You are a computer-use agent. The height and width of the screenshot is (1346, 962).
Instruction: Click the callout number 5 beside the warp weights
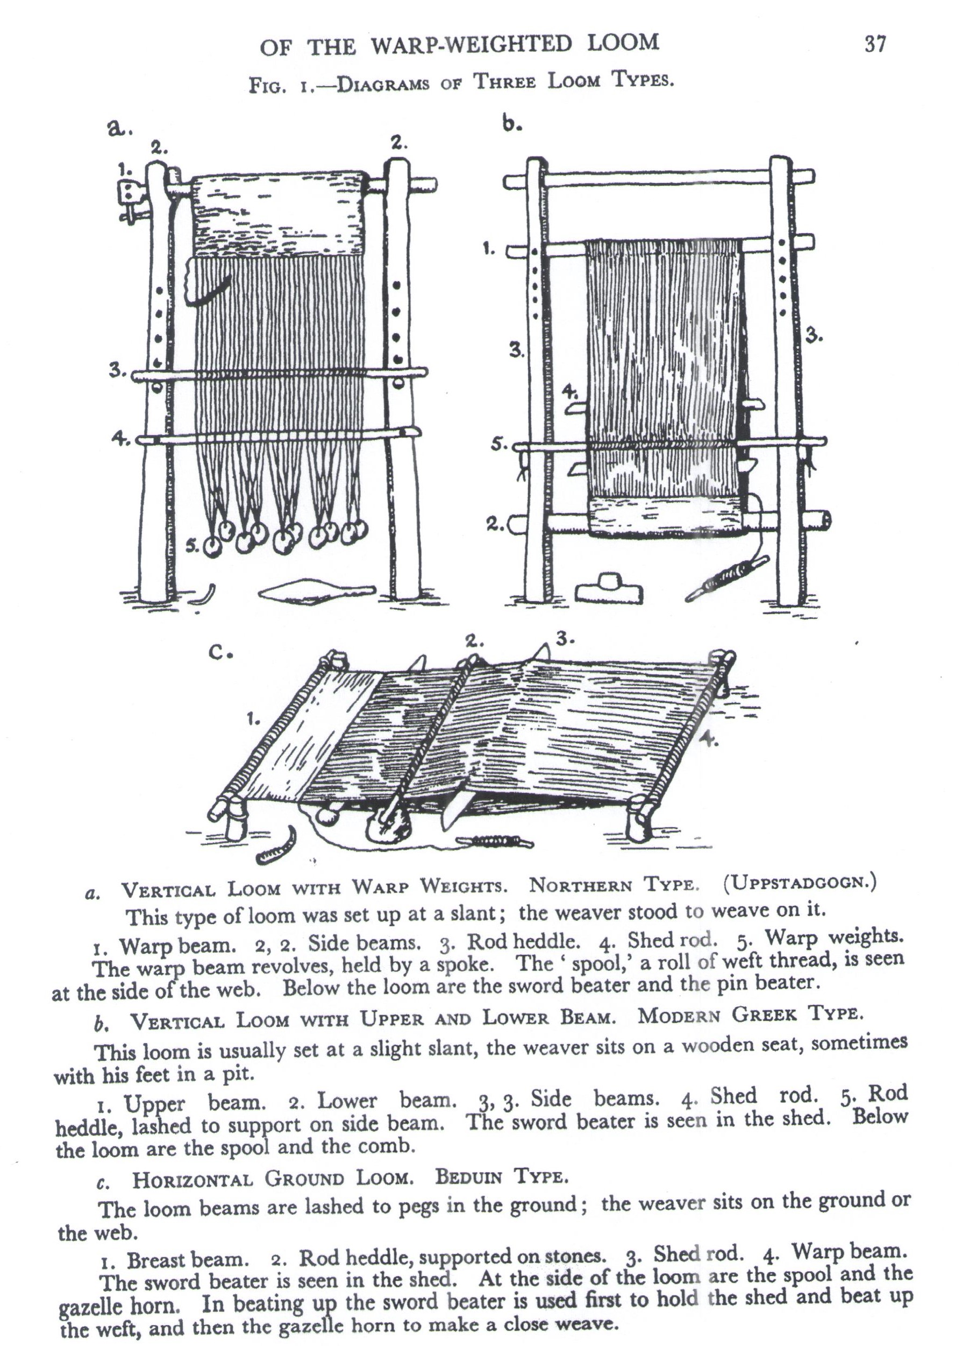point(191,546)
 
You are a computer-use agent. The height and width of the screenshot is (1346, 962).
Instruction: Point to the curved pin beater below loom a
point(204,595)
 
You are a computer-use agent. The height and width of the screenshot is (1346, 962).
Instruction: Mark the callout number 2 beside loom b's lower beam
point(495,524)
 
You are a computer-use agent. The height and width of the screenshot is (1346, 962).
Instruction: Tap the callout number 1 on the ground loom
point(253,720)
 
